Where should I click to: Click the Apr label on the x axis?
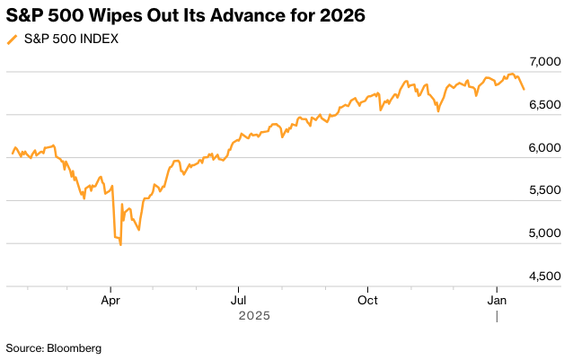pyautogui.click(x=110, y=300)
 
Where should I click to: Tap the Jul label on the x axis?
pyautogui.click(x=238, y=300)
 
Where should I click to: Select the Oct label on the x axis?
pyautogui.click(x=366, y=300)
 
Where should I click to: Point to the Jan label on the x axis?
pyautogui.click(x=497, y=300)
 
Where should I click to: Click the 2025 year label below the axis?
pyautogui.click(x=254, y=316)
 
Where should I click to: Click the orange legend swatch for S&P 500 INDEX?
pyautogui.click(x=12, y=40)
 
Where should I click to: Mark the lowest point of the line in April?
pyautogui.click(x=120, y=245)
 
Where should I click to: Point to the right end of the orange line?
pyautogui.click(x=525, y=89)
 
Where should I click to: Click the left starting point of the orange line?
pyautogui.click(x=11, y=154)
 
